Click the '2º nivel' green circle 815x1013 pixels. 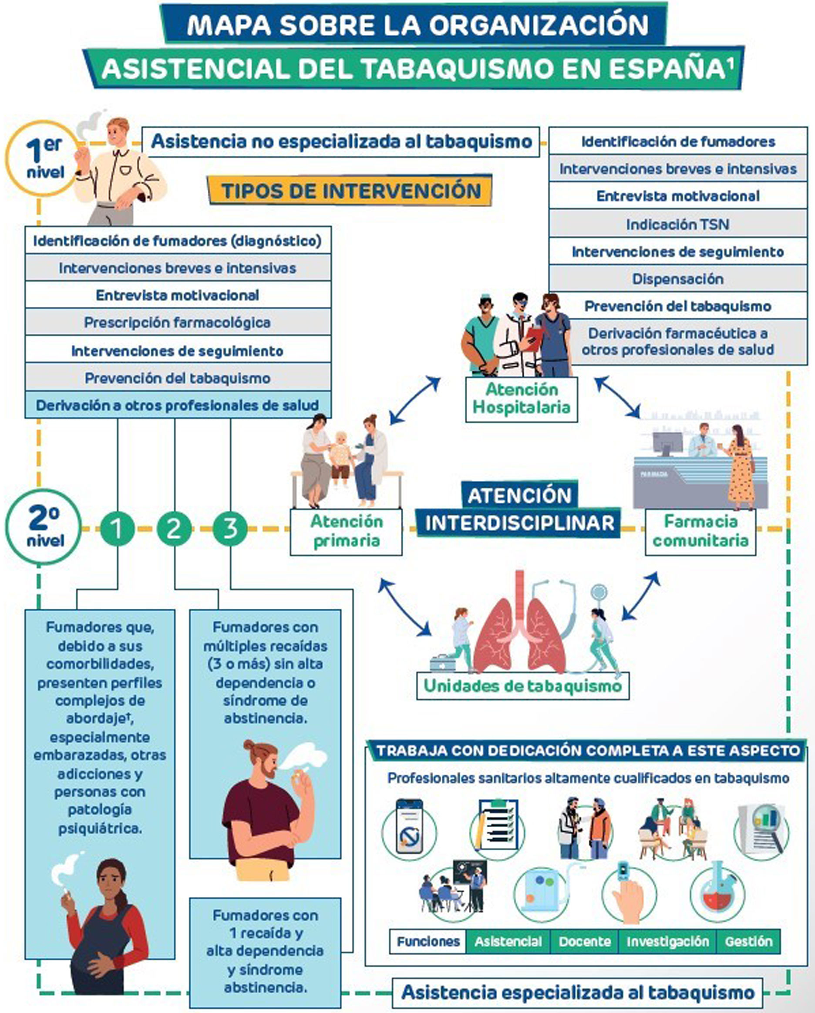click(x=44, y=527)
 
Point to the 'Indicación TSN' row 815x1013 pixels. click(x=677, y=224)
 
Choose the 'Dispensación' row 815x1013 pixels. click(x=677, y=278)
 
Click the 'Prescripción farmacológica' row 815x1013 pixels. click(x=178, y=322)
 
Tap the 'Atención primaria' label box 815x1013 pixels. click(x=347, y=531)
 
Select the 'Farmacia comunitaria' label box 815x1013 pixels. click(x=700, y=531)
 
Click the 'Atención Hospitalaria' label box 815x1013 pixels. click(x=521, y=398)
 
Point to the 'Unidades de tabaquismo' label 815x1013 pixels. click(x=522, y=686)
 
